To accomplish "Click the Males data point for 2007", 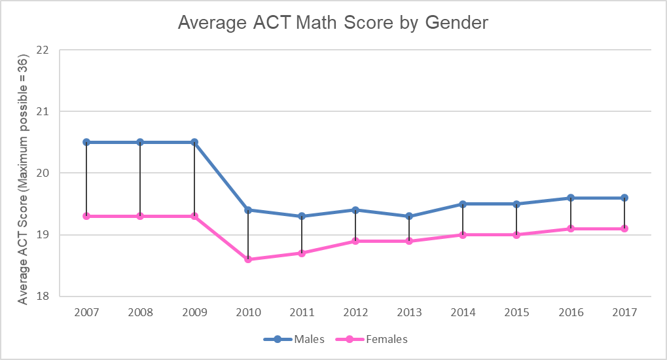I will [x=86, y=142].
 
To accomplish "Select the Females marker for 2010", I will [x=248, y=259].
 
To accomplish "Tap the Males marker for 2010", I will [x=248, y=210].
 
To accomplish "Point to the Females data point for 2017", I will [x=624, y=228].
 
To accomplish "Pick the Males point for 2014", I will [x=463, y=204].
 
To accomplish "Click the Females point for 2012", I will [x=355, y=241].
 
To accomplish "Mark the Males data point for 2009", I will [x=194, y=142].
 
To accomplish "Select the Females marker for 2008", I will [x=140, y=216].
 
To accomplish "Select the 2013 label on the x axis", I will [x=409, y=313].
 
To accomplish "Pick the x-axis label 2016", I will [x=570, y=313].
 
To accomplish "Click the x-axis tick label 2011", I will [x=302, y=313].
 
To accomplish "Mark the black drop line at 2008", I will [x=140, y=179].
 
